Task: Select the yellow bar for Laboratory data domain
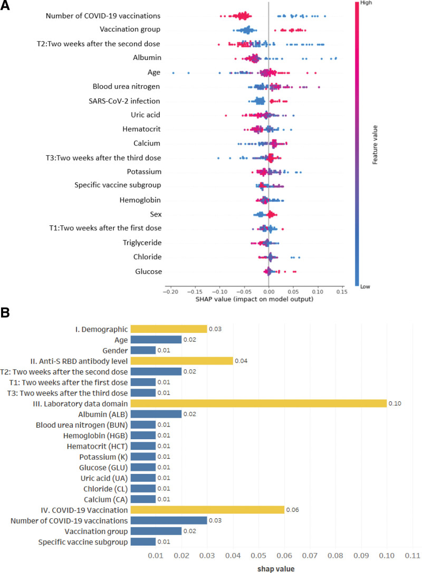coord(258,403)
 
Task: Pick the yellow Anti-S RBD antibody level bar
coord(181,361)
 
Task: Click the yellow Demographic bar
coord(169,329)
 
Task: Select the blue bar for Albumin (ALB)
coord(156,414)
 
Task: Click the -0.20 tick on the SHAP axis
coord(170,291)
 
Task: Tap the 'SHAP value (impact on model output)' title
coord(255,299)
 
